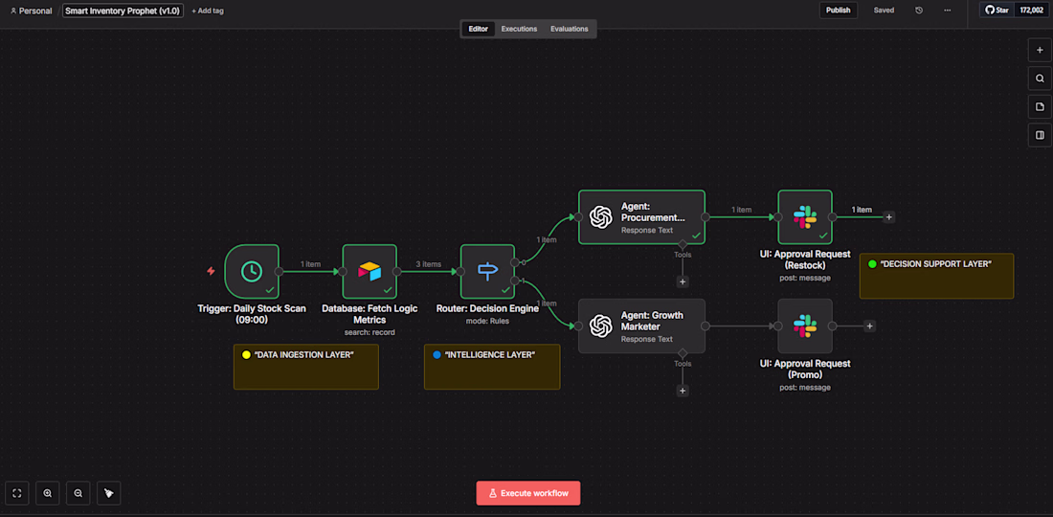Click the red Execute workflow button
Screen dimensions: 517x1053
(528, 493)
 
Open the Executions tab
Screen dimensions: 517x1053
(519, 29)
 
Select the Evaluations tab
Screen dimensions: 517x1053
(569, 29)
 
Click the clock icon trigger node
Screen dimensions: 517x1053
(252, 271)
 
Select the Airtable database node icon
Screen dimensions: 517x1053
(370, 271)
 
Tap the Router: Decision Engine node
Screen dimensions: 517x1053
(487, 271)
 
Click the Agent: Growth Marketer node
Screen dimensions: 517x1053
(641, 326)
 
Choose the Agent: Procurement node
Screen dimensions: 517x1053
(641, 216)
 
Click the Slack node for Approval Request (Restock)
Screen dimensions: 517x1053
(804, 216)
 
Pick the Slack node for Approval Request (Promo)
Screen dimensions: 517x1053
(804, 326)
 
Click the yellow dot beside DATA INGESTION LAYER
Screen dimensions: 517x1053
(246, 355)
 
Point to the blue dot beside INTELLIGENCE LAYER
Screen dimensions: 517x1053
(437, 355)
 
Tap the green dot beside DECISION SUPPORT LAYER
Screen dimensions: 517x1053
(872, 263)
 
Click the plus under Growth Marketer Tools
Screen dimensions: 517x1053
(683, 391)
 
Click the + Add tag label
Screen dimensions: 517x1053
(208, 11)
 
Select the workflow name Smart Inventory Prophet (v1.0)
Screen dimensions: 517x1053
(123, 11)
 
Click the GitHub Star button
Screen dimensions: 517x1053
(997, 10)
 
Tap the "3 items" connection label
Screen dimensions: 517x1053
(428, 264)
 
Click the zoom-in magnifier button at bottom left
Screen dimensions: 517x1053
(48, 493)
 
